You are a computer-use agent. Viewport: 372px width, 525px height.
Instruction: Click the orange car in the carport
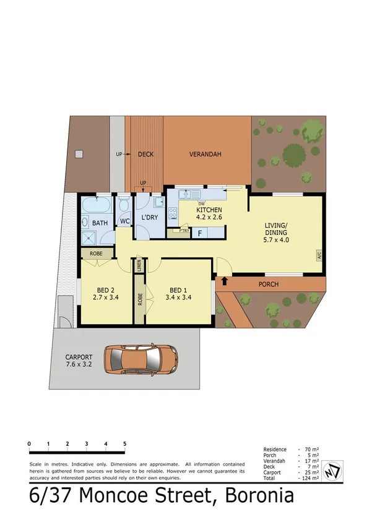point(141,359)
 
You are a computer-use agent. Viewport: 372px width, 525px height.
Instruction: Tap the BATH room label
point(100,223)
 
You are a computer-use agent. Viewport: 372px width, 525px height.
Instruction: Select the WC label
point(124,221)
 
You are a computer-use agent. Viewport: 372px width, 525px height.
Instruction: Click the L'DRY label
point(150,218)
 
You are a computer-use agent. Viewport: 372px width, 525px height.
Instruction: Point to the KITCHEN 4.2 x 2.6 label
point(209,214)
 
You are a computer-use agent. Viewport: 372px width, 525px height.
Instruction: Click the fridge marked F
point(200,233)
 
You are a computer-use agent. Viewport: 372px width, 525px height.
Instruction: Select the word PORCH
point(269,284)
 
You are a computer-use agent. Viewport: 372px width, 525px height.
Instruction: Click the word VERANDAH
point(205,155)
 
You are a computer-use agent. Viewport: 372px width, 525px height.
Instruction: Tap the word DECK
point(145,155)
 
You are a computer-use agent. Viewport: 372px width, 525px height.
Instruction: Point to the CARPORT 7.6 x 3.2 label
point(79,361)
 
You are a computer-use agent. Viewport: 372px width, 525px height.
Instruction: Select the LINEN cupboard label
point(139,266)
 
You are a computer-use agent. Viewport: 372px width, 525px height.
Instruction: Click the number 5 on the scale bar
point(125,444)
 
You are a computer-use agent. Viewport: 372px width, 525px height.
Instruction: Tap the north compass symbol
point(334,469)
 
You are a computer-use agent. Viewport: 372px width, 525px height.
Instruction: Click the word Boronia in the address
point(259,496)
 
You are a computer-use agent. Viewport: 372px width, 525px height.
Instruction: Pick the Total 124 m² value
point(310,478)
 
